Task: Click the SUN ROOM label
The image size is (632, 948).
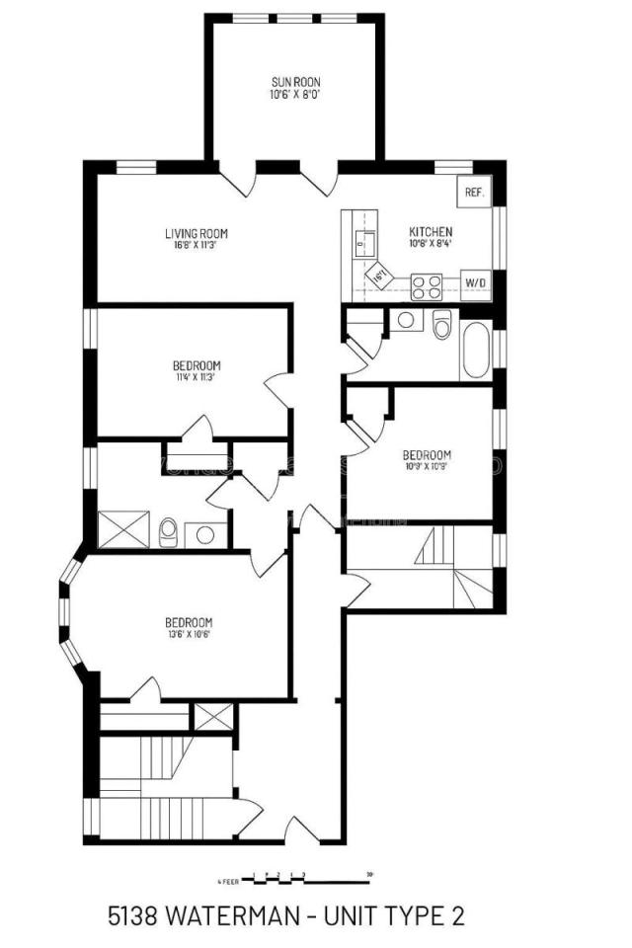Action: (295, 82)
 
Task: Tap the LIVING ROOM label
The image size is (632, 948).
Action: (197, 234)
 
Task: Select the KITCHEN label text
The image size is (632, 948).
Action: (431, 233)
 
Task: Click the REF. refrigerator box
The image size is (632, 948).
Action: (474, 193)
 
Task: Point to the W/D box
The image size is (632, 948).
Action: (476, 283)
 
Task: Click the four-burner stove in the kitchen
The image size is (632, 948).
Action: (427, 286)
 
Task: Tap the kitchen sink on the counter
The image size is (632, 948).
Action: (362, 238)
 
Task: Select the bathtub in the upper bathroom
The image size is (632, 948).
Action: (474, 350)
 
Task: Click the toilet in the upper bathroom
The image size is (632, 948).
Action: (441, 323)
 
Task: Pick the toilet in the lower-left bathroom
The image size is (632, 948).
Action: (169, 532)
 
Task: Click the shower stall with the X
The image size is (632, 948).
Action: (122, 528)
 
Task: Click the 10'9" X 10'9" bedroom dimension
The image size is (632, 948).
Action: (427, 467)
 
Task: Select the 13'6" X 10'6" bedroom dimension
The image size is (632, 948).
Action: (188, 634)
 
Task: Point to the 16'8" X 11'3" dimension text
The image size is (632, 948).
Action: (196, 245)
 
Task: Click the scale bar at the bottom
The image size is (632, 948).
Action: (296, 877)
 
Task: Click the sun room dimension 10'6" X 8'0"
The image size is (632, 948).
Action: (295, 95)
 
